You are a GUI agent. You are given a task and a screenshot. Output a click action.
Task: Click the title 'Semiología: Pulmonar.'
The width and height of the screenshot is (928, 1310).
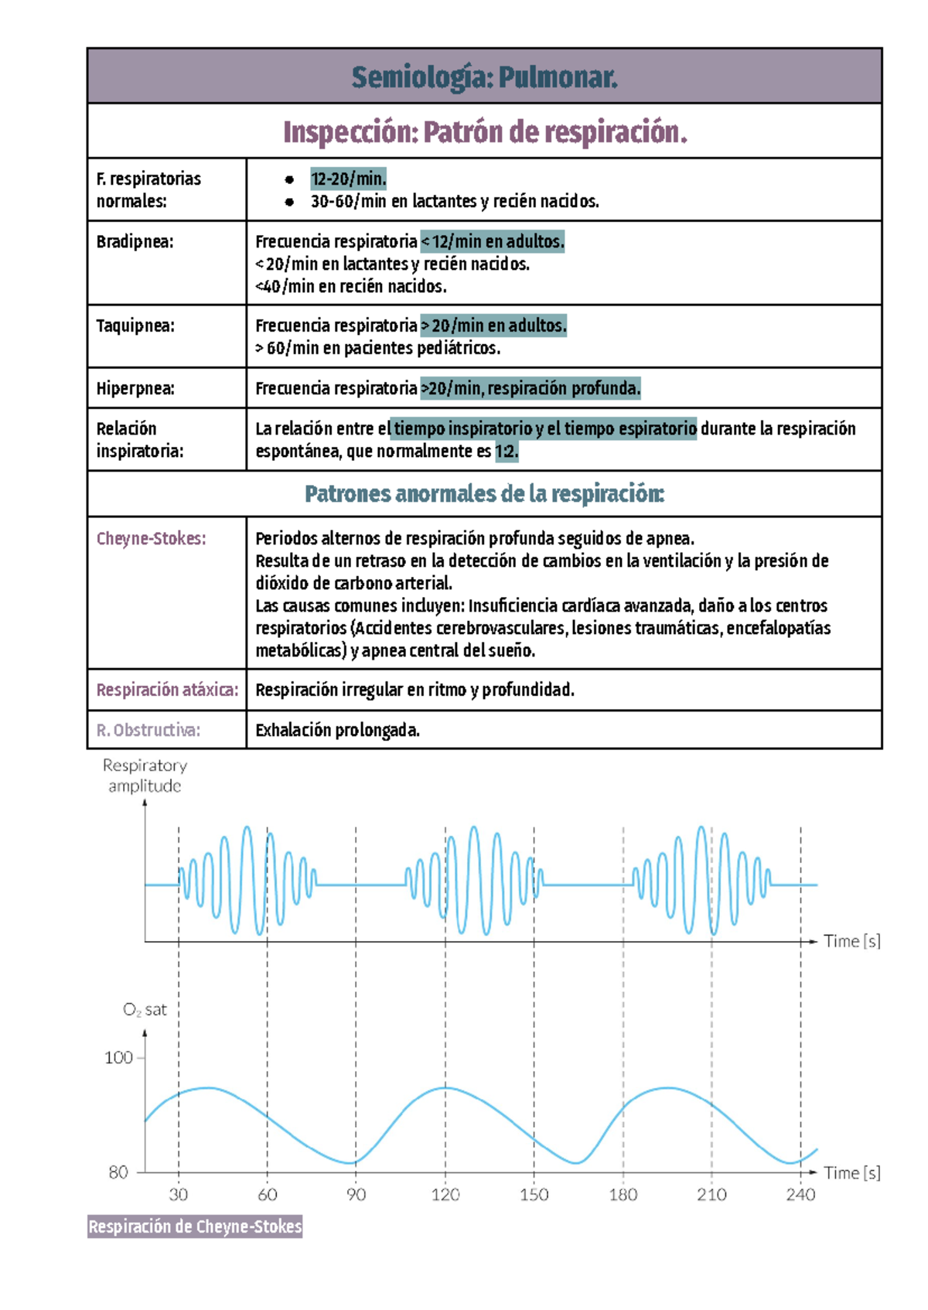pos(484,77)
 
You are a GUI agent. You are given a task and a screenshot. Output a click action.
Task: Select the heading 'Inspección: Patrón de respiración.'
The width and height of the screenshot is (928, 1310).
pos(484,132)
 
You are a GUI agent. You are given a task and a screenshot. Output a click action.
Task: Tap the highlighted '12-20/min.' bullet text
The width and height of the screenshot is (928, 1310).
pos(348,179)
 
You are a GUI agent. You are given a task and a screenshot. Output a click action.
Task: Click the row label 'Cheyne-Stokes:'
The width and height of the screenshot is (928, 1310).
pos(151,538)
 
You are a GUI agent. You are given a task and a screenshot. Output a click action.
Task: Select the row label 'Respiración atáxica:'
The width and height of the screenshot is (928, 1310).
pos(167,690)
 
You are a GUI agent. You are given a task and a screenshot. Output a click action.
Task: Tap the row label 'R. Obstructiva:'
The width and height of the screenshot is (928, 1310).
pos(148,730)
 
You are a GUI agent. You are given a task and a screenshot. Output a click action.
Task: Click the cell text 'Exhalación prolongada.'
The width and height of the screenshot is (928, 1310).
pos(337,730)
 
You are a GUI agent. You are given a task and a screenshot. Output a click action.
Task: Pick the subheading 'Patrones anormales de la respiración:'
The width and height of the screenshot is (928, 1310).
pos(484,494)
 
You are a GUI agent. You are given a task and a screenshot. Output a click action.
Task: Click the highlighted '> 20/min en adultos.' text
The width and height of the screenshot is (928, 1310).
pos(493,326)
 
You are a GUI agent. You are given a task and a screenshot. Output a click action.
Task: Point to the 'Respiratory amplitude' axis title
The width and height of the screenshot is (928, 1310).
pos(145,776)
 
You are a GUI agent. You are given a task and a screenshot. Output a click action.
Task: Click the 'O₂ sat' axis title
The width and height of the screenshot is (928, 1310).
pos(145,1010)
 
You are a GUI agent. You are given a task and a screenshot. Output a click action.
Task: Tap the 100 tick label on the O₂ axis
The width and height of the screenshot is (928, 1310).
pos(118,1058)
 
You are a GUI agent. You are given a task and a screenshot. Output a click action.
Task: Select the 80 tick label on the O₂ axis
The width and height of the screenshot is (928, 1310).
pos(118,1172)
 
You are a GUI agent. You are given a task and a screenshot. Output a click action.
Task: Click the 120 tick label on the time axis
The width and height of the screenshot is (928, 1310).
pos(445,1195)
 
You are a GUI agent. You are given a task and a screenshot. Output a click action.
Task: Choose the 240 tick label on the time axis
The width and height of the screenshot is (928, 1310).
pos(800,1195)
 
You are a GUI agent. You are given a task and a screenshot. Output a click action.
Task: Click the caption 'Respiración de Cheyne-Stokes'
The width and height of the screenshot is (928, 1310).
pos(195,1226)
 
